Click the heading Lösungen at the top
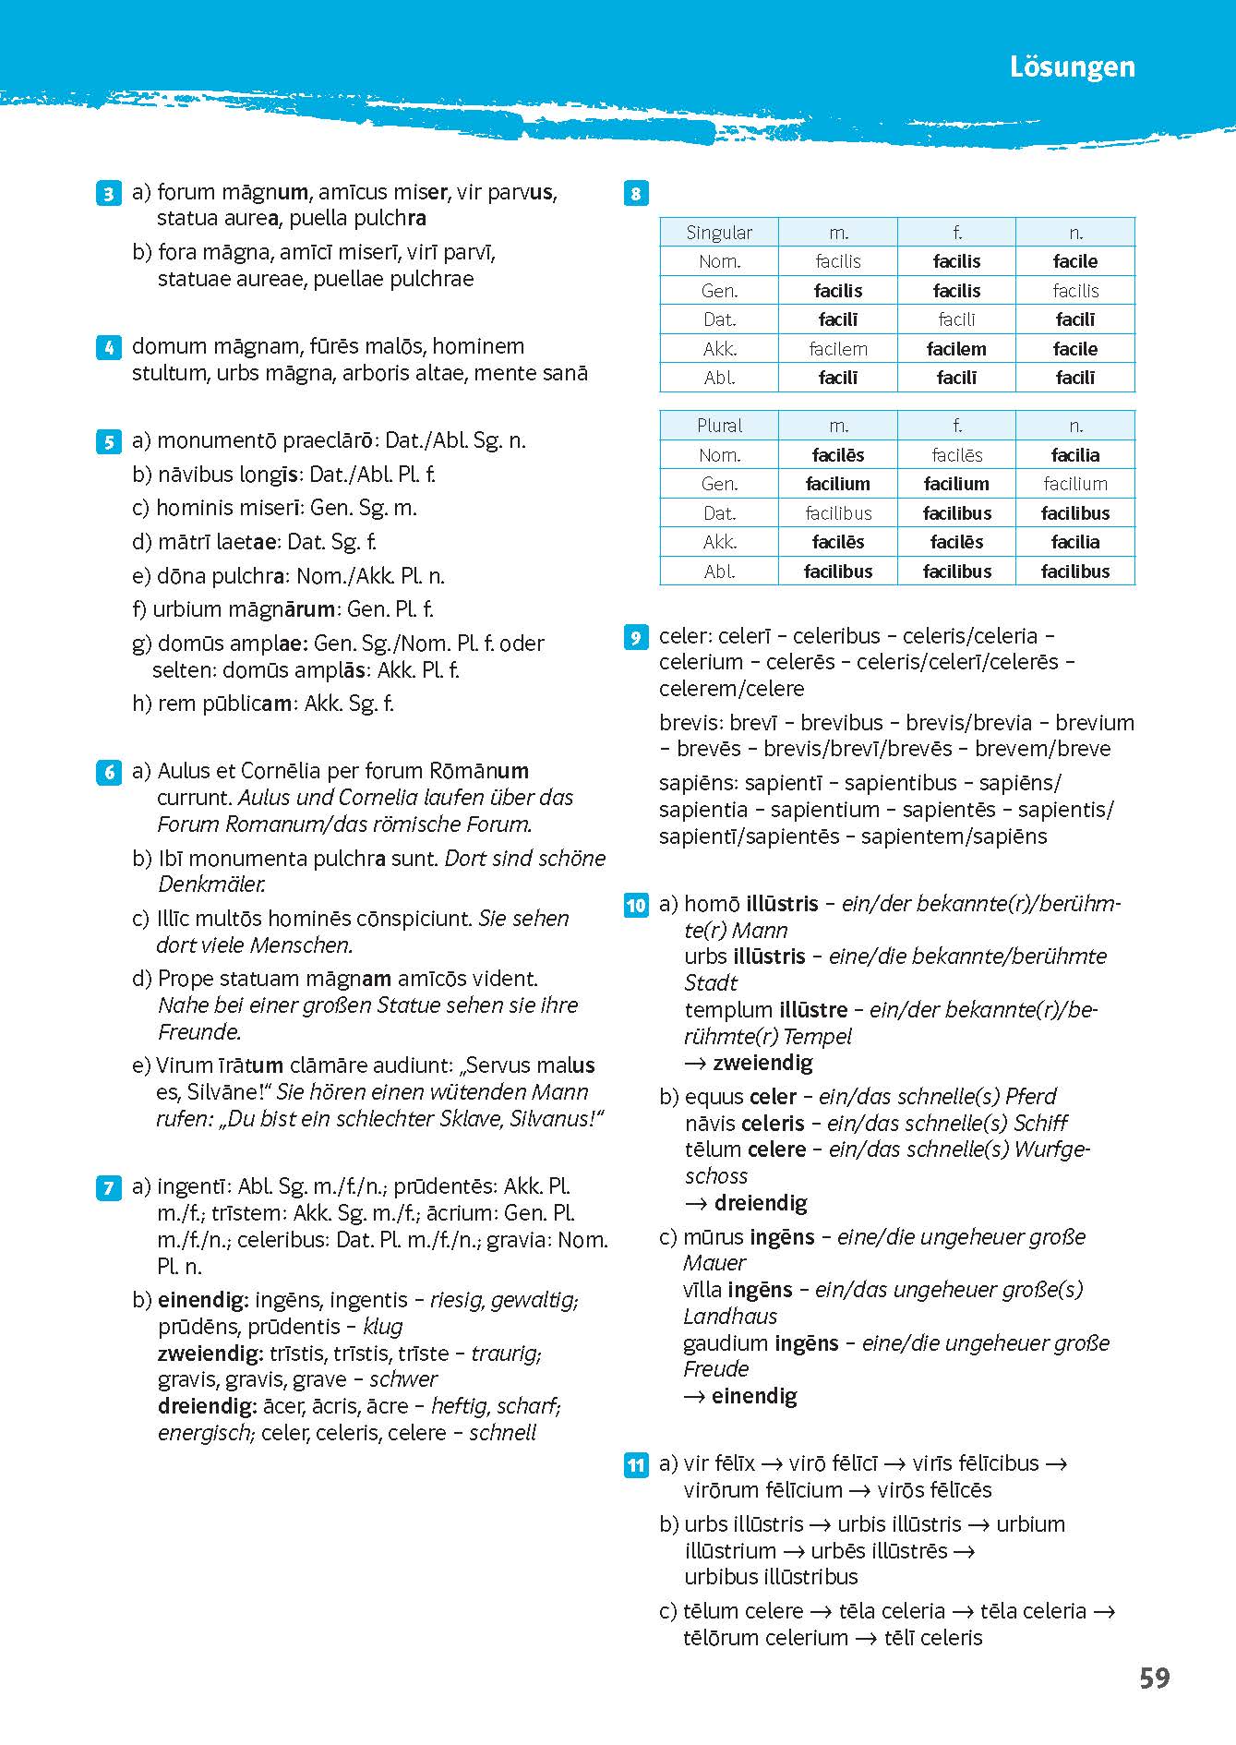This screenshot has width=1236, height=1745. coord(1072,67)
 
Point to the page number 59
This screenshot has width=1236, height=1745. coord(1154,1678)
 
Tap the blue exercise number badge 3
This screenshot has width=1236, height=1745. coord(108,194)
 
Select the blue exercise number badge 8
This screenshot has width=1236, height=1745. coord(636,194)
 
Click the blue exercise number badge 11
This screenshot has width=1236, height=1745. coord(636,1465)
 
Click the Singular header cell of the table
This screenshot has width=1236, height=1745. coord(719,233)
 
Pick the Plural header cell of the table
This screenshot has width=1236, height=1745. coord(719,426)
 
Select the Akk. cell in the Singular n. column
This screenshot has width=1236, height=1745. coord(1075,349)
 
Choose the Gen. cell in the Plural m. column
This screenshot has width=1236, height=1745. coord(838,484)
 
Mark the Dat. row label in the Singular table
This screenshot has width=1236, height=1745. coord(719,319)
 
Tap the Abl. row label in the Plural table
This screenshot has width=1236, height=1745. coord(719,572)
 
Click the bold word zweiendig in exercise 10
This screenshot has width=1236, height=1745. coord(762,1063)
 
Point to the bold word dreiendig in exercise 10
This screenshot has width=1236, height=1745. coord(761,1203)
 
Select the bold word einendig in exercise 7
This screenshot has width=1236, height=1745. coord(203,1300)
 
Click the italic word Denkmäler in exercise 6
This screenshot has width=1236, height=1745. coord(211,885)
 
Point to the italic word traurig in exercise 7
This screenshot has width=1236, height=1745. coord(505,1354)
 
